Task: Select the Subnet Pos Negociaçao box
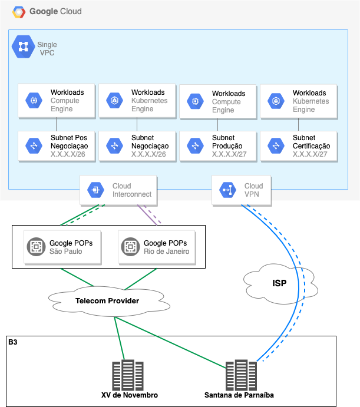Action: [56, 146]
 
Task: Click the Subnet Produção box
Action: [217, 146]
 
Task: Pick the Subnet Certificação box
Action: [298, 146]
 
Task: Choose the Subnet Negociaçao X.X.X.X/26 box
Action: [137, 146]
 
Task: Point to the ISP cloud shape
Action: [279, 283]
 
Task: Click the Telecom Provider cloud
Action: [108, 301]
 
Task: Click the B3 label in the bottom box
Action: [12, 342]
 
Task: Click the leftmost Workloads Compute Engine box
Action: [56, 101]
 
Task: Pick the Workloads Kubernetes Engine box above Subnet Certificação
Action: [298, 101]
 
